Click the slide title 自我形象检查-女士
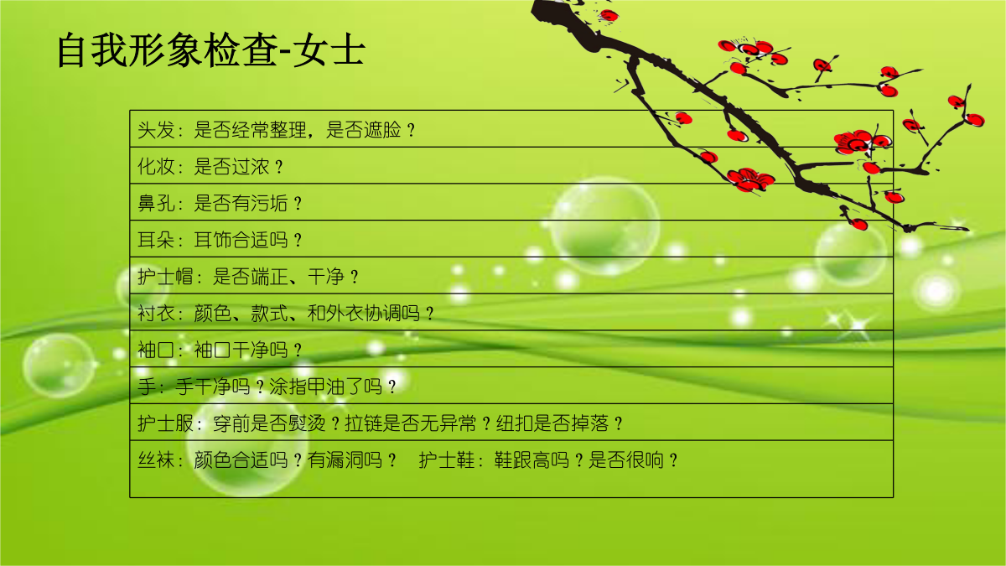coord(210,49)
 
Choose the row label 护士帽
coord(165,277)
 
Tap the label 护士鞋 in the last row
coord(446,460)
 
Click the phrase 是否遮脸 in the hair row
coord(363,130)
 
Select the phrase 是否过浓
coord(231,167)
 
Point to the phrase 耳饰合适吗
coord(241,241)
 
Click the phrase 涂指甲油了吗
coord(325,387)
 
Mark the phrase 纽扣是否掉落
coord(552,423)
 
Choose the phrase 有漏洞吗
coord(345,460)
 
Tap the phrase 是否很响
coord(626,460)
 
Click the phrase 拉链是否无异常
coord(411,423)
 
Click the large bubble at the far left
coord(59,366)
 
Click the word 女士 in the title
coord(329,49)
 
